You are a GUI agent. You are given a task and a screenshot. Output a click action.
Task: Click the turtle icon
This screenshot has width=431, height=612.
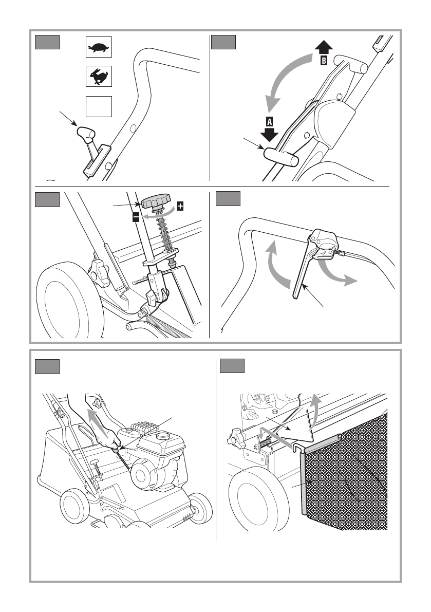pyautogui.click(x=98, y=47)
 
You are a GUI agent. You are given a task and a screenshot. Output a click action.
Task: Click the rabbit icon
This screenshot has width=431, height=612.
pyautogui.click(x=98, y=77)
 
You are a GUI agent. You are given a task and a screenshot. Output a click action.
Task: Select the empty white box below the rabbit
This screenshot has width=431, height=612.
pyautogui.click(x=98, y=106)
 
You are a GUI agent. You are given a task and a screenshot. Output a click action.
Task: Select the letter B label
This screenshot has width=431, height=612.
pyautogui.click(x=323, y=61)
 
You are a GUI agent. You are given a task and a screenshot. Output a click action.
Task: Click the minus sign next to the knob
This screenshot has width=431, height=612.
pyautogui.click(x=136, y=217)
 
